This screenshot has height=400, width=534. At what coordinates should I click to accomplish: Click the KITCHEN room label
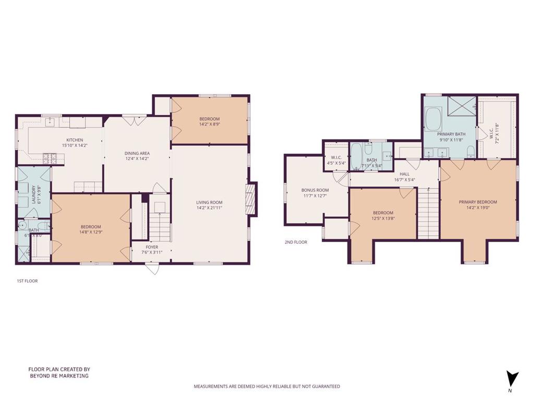pos(75,140)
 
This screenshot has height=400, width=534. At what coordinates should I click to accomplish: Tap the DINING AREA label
pos(137,153)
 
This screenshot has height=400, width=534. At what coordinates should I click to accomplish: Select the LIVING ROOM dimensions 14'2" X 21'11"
pos(209,208)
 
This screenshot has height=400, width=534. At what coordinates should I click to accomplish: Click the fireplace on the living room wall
pos(252,198)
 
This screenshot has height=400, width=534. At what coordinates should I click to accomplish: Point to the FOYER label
pos(152,247)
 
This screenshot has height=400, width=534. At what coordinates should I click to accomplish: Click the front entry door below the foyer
pos(152,268)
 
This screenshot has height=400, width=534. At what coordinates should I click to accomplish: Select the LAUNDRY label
pos(33,195)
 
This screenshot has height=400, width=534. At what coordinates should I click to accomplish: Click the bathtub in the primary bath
pos(433,119)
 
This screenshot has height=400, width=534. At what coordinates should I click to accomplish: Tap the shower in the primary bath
pos(462,106)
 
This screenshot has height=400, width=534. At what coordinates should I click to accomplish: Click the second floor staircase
pos(428,214)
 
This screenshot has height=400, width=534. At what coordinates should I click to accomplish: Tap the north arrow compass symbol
pos(513,379)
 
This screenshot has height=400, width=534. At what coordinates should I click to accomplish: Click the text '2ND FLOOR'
pos(296,242)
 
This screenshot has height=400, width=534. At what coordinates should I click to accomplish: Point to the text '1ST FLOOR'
pos(27,281)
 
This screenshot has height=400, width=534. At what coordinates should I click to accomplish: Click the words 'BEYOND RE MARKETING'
pos(58,376)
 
